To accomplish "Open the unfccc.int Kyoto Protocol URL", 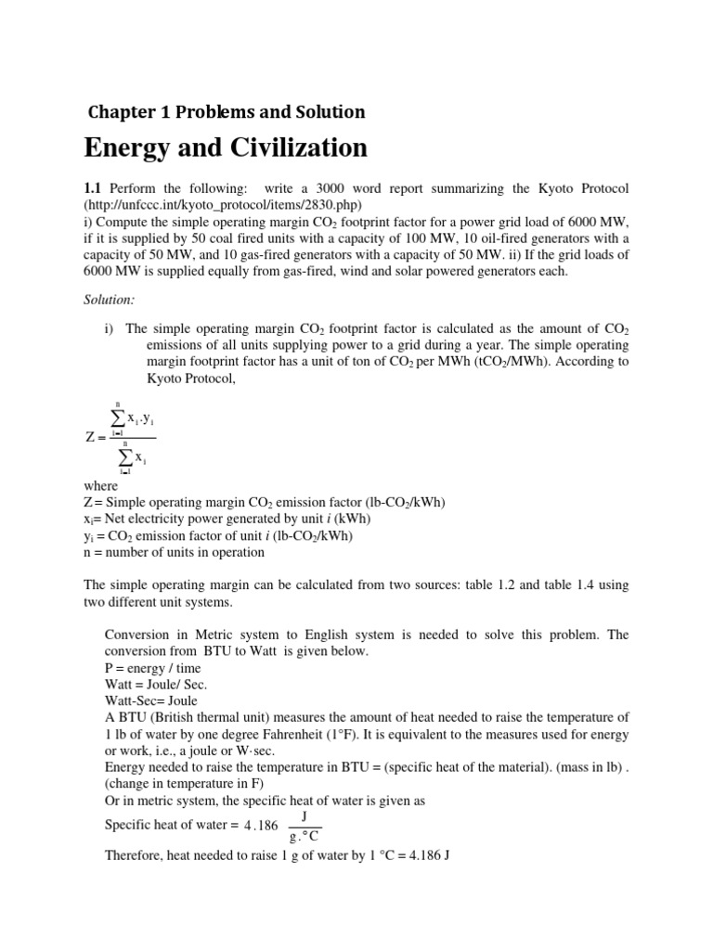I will click(222, 204).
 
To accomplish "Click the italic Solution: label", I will click(110, 302).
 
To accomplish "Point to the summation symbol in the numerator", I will click(118, 420).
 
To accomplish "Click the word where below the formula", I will click(100, 486).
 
